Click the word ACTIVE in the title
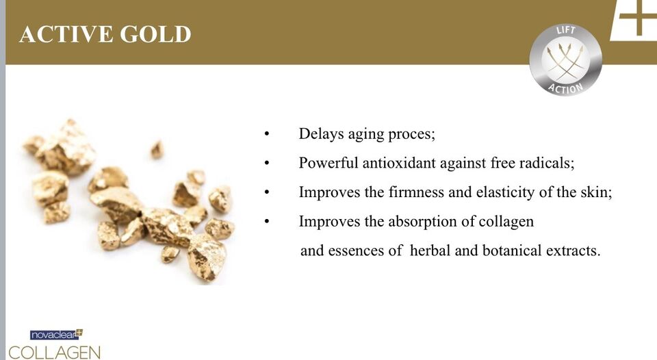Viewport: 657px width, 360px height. [66, 34]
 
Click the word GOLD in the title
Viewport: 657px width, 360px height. [155, 34]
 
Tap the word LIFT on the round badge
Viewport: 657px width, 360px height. [566, 31]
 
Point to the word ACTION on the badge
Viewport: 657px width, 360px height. [566, 87]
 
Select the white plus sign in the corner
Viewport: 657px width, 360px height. [637, 18]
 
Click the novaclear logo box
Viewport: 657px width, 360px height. [56, 335]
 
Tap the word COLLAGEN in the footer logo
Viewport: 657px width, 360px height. [55, 352]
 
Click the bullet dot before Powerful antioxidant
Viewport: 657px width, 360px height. [266, 163]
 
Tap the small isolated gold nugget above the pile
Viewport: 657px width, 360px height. [157, 150]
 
